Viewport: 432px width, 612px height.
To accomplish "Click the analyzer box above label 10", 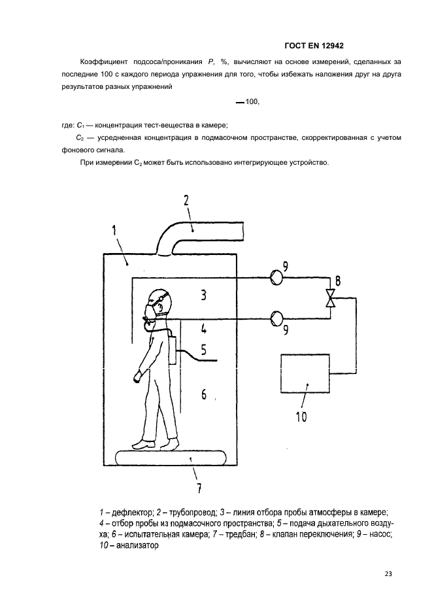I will click(x=305, y=374).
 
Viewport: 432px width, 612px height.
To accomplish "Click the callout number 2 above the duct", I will click(x=186, y=201).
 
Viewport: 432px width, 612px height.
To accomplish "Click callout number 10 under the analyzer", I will click(x=301, y=415).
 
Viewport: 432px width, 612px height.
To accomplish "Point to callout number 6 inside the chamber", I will click(x=204, y=394).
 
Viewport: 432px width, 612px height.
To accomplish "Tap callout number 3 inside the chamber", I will click(x=204, y=296).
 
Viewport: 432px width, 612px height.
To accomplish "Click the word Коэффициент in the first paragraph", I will click(x=100, y=61).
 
